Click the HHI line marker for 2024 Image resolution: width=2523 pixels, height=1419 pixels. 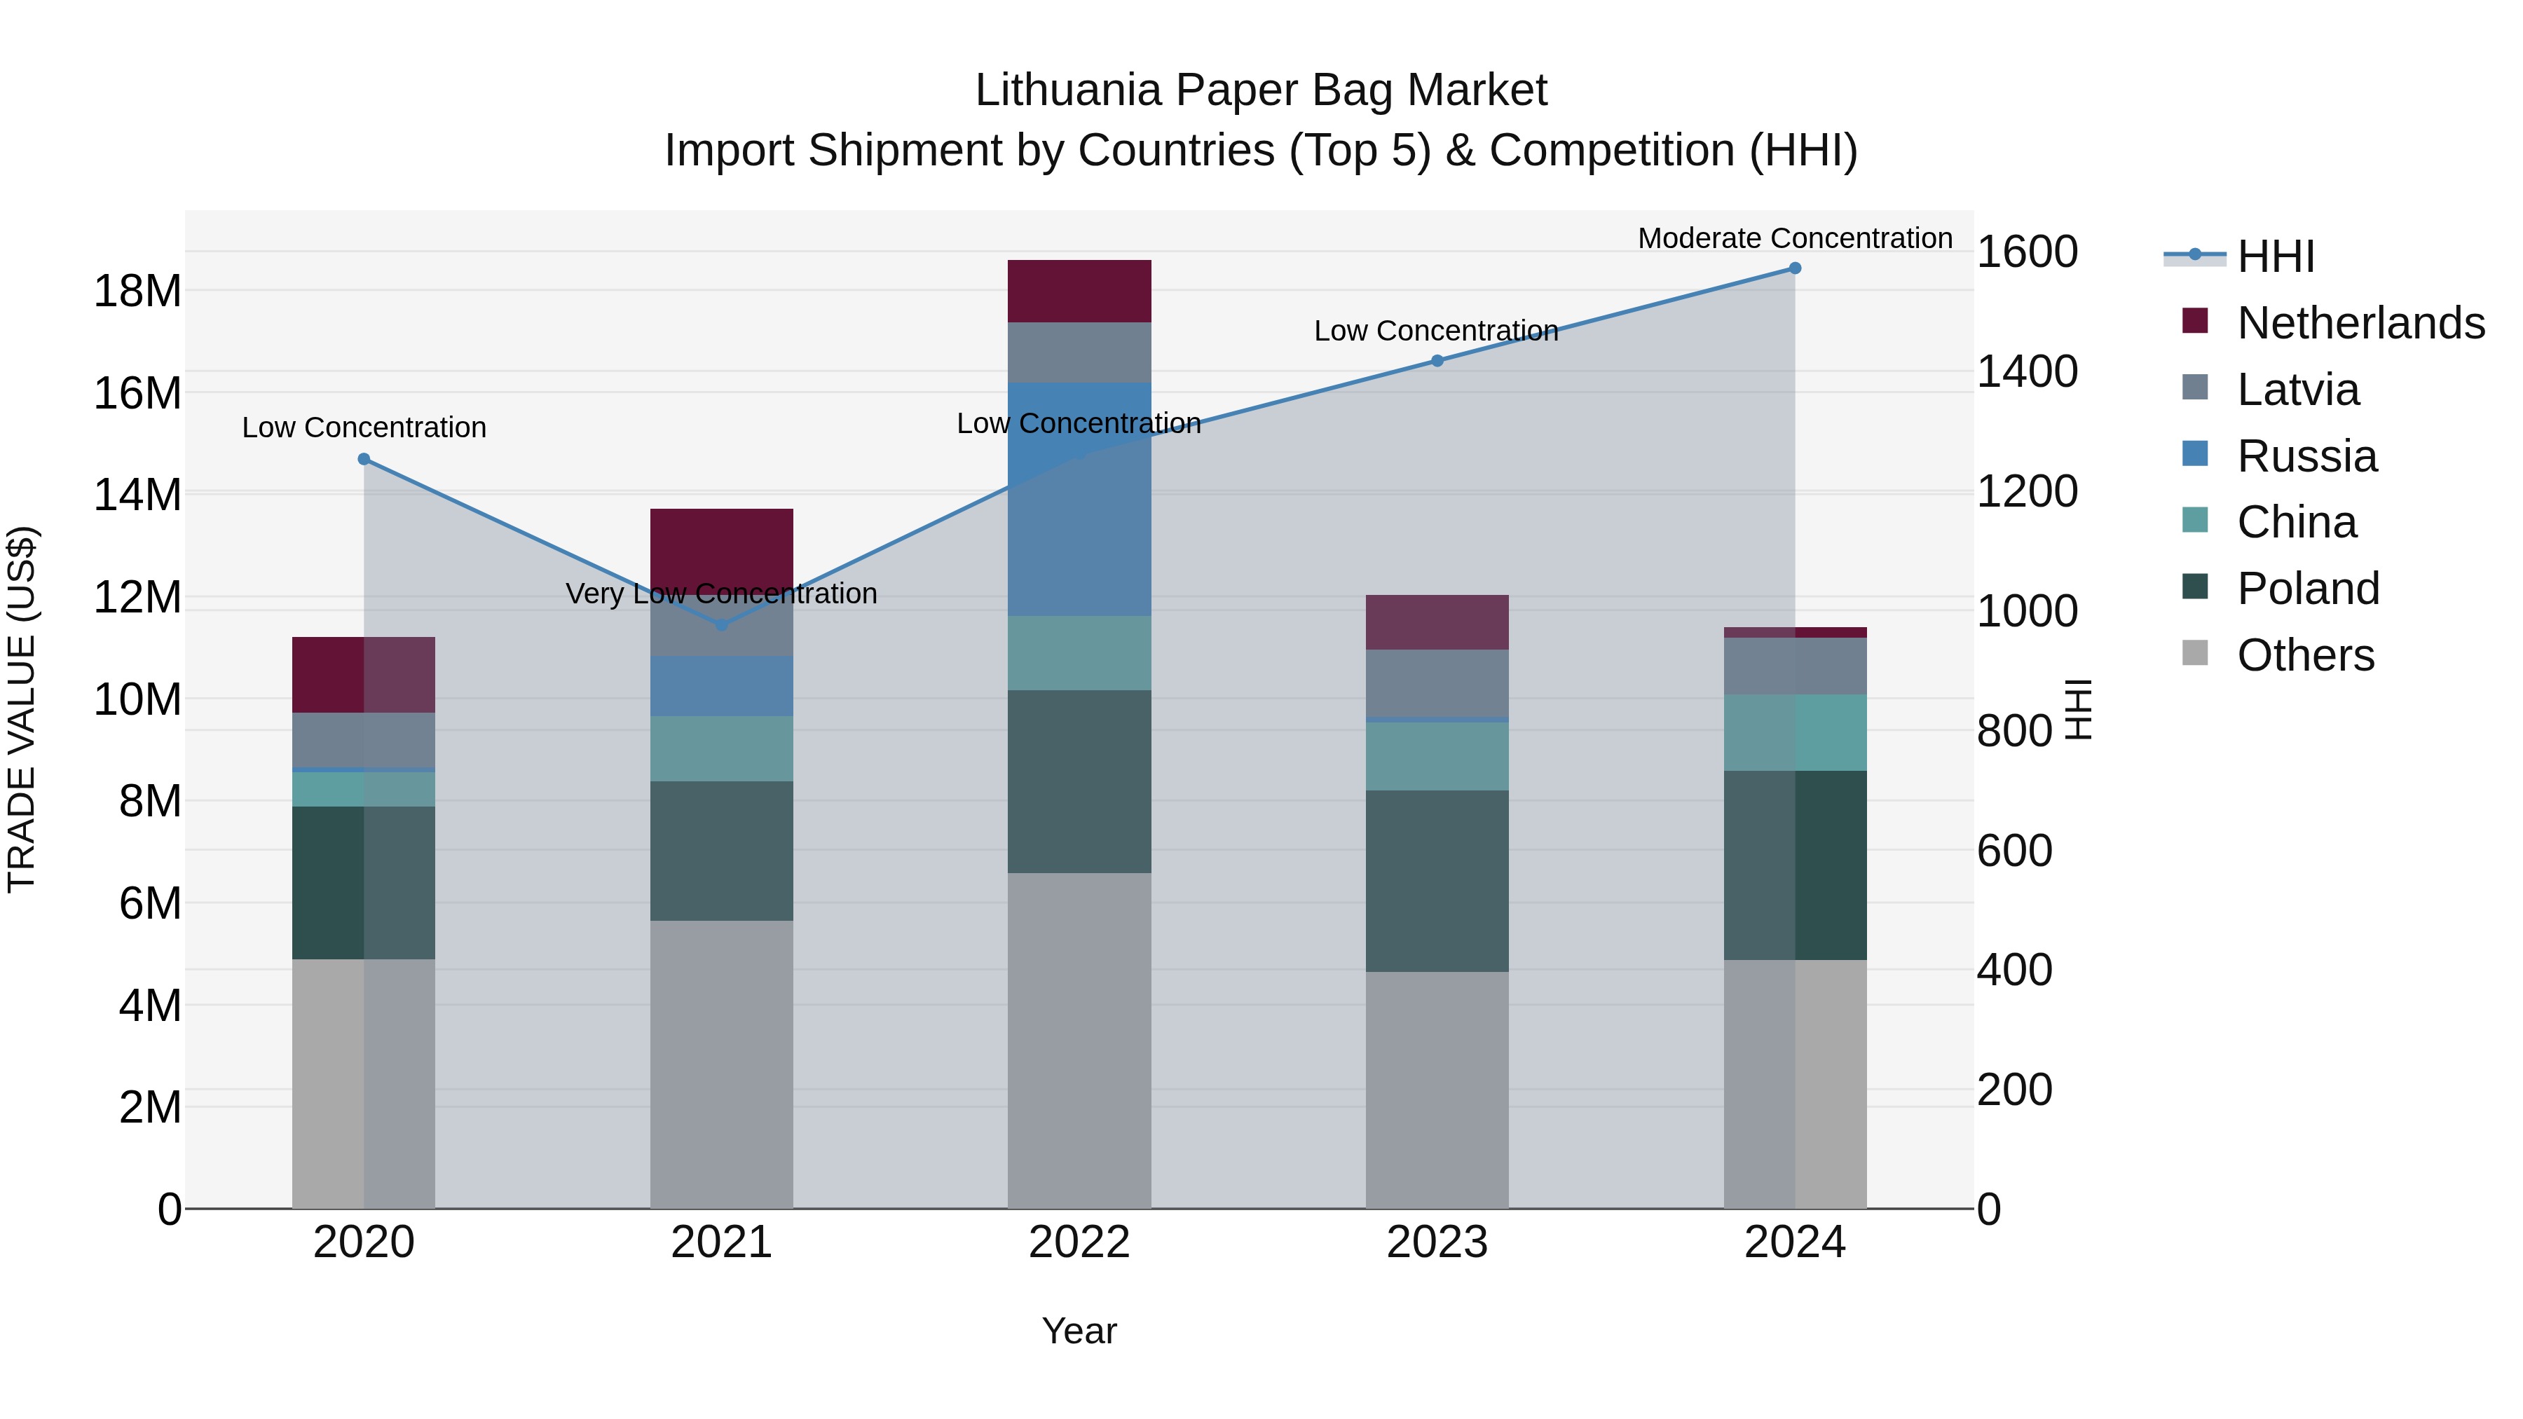coord(1794,268)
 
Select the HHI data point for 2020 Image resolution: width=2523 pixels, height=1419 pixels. coord(364,459)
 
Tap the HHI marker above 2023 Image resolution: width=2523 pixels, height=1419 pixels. coord(1437,360)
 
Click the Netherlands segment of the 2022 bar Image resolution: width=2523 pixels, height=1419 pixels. coord(1079,291)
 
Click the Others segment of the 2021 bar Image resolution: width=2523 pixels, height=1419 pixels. coord(722,1064)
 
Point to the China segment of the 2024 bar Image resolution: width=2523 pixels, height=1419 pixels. coord(1794,732)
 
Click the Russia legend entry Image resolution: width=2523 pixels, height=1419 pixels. coord(2306,456)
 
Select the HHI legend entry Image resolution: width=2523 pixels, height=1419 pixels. coord(2274,256)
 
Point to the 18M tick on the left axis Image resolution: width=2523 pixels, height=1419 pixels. coord(137,291)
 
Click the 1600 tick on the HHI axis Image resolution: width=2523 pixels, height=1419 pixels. coord(2026,252)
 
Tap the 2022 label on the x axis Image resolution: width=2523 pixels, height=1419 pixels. coord(1079,1242)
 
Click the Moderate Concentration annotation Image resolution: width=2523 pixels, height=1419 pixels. coord(1794,238)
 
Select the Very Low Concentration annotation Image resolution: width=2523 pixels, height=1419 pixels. coord(722,594)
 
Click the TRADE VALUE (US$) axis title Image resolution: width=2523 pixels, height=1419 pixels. coord(22,709)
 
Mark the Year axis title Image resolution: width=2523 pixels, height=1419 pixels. coord(1079,1331)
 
